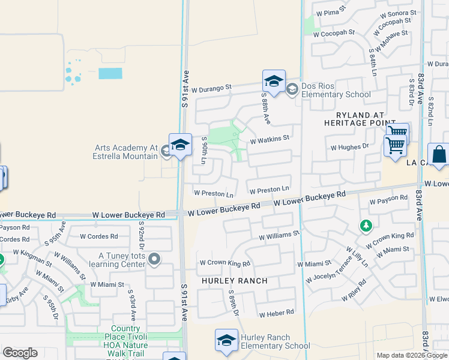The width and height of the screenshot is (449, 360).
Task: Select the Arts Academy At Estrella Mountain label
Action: [x=125, y=152]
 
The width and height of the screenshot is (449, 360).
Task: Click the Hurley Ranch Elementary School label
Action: [x=275, y=341]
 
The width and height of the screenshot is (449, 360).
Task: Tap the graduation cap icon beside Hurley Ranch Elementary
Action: [x=226, y=340]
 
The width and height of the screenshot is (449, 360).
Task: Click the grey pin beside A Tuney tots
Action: [x=154, y=259]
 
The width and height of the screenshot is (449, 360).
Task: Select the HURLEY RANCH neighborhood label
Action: [x=235, y=281]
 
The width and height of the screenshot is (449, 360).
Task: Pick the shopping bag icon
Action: [x=439, y=154]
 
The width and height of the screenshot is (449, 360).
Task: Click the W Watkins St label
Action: [x=270, y=139]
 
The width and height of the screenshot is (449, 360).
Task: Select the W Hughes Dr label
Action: [x=349, y=146]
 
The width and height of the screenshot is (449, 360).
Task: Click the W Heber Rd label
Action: [x=276, y=313]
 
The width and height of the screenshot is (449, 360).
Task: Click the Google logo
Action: [x=20, y=353]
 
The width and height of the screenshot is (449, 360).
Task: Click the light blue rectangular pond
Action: [x=110, y=73]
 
